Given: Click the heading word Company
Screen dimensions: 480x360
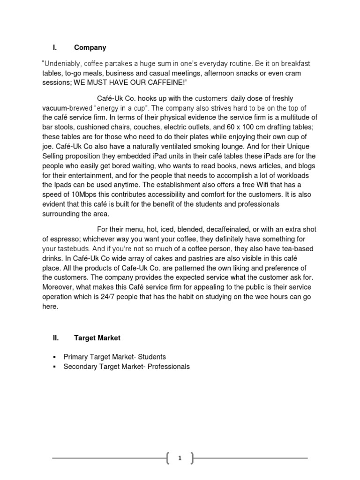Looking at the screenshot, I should point(90,47).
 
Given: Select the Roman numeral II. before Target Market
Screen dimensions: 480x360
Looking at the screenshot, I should point(55,337).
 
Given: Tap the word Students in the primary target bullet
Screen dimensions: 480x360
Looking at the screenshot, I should point(151,356).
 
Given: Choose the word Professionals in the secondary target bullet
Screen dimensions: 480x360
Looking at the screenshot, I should point(168,367).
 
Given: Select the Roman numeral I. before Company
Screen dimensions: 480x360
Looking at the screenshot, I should point(54,47).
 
